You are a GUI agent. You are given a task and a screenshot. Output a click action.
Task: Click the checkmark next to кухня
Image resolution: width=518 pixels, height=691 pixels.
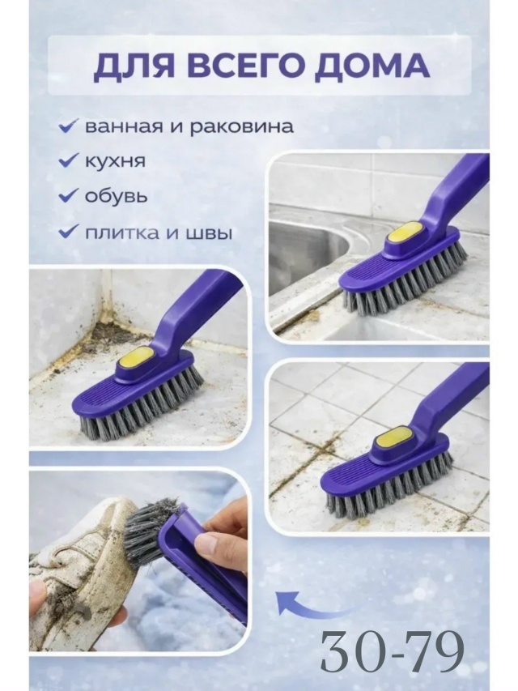[69, 160]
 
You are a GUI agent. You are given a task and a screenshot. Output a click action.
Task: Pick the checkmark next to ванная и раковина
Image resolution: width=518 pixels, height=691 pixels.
[69, 126]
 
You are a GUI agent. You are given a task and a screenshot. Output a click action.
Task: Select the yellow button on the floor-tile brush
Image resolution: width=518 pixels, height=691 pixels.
[390, 444]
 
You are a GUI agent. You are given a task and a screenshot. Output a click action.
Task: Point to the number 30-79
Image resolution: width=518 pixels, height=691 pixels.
[392, 650]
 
